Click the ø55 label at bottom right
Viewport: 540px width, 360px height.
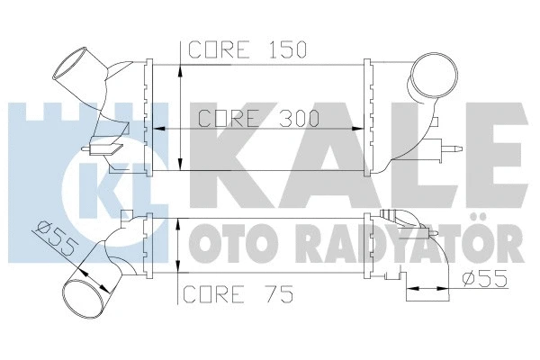[482, 278]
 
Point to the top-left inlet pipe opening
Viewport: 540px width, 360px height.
[72, 66]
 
